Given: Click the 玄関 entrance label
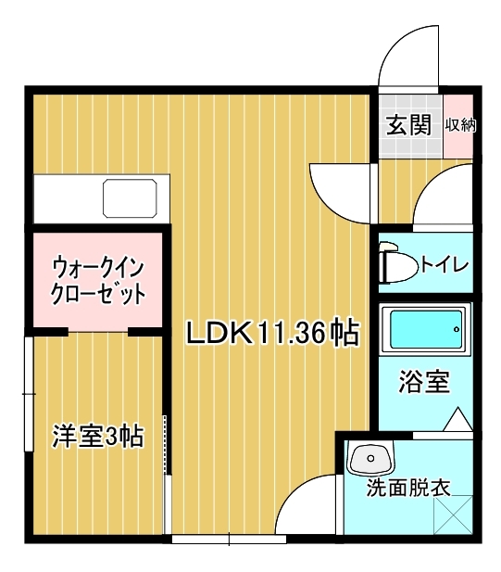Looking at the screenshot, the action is point(408,125).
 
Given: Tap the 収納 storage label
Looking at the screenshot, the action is point(460,125).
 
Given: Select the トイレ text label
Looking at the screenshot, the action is point(445,263).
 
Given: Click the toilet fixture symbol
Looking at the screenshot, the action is point(398,264).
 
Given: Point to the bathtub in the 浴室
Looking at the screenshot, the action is point(424,329).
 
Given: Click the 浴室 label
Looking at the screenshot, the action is point(424,382).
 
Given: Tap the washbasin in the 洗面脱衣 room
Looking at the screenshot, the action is point(371,457).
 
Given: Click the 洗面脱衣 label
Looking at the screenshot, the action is point(408,488).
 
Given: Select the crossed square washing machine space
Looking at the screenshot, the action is point(454,515).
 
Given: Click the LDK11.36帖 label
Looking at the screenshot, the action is point(273,332).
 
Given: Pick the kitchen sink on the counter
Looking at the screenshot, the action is point(130,198).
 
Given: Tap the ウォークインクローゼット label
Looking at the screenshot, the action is point(98,281).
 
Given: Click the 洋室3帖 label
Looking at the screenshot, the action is point(98,436).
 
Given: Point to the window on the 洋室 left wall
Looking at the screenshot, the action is point(29,394).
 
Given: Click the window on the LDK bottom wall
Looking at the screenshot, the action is point(229,540).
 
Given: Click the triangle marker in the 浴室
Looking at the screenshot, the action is point(458,419).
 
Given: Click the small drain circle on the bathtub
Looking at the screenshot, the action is point(457,329).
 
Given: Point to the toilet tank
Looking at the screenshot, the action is point(382,264).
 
